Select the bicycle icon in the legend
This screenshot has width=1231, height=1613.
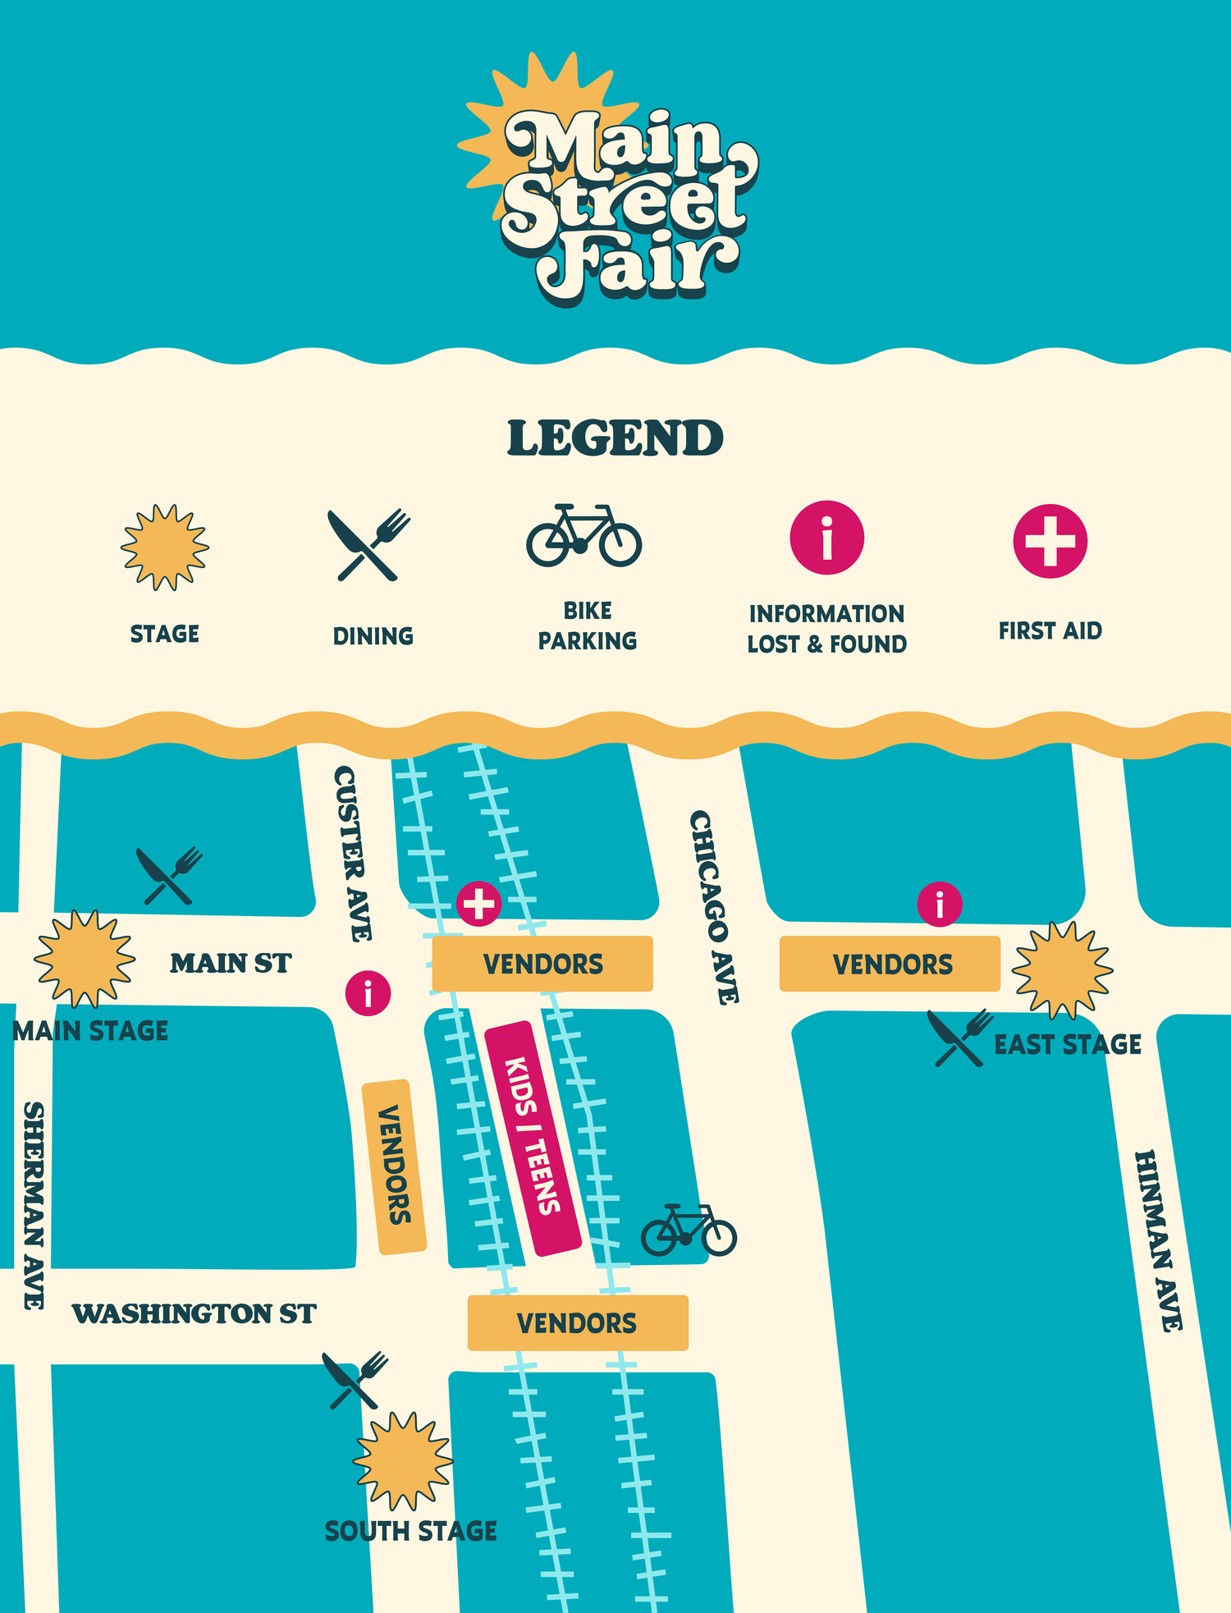583,536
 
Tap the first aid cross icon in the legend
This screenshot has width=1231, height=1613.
1050,541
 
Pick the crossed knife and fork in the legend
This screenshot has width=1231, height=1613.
368,544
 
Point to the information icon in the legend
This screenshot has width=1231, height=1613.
826,538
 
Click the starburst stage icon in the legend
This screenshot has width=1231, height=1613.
165,548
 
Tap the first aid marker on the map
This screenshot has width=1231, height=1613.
479,904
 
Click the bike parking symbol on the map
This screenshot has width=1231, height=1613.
689,1230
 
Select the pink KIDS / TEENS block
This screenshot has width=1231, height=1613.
533,1139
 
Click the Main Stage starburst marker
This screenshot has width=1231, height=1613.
84,959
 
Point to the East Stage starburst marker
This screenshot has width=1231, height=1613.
1062,969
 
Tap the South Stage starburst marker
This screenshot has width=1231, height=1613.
402,1461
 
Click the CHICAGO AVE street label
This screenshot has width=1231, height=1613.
714,907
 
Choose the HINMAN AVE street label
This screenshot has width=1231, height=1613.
1159,1240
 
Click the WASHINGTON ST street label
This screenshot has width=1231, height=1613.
194,1313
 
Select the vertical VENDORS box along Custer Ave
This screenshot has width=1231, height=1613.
394,1166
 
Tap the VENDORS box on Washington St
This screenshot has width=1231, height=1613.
577,1322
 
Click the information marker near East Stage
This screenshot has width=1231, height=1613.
940,905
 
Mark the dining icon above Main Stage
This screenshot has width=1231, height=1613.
169,876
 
